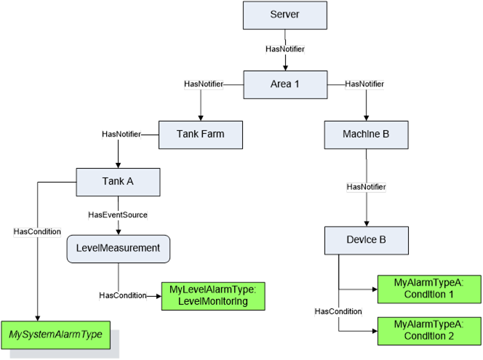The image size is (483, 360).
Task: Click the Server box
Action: [x=285, y=15]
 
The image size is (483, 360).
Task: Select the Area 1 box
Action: [x=285, y=84]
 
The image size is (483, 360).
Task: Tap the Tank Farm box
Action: [x=201, y=135]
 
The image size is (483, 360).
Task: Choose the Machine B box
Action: [x=367, y=135]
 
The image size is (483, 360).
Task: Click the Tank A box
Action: [x=118, y=182]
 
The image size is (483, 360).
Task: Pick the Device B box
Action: [x=367, y=241]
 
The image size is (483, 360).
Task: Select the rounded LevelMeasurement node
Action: [x=119, y=249]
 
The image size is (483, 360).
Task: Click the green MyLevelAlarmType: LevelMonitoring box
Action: [x=213, y=296]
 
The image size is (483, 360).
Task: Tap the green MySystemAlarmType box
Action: [x=56, y=335]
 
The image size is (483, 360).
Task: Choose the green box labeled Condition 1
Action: [x=429, y=289]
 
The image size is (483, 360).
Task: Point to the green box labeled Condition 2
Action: [x=429, y=331]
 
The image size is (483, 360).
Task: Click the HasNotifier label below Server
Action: [x=285, y=49]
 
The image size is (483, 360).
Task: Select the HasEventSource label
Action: [x=118, y=215]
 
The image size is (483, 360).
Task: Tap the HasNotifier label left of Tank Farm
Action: [x=121, y=134]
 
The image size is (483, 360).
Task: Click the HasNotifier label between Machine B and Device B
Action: [x=367, y=187]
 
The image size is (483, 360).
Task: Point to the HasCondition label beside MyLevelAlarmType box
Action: [x=123, y=295]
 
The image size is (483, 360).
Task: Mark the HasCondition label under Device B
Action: [x=338, y=311]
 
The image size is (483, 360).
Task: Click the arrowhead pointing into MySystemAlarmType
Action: [x=38, y=319]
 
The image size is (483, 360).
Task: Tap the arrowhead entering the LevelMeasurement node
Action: [x=119, y=232]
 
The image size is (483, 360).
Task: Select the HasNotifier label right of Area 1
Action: [x=364, y=84]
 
